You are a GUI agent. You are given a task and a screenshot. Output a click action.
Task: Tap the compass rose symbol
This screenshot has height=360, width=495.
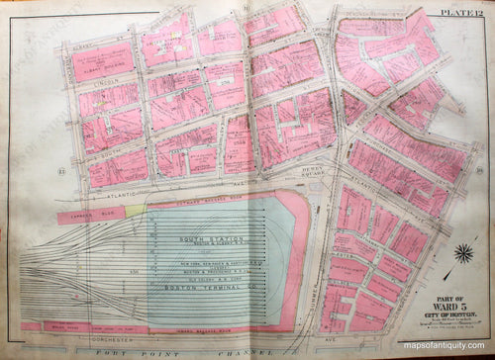pos(461,253)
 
